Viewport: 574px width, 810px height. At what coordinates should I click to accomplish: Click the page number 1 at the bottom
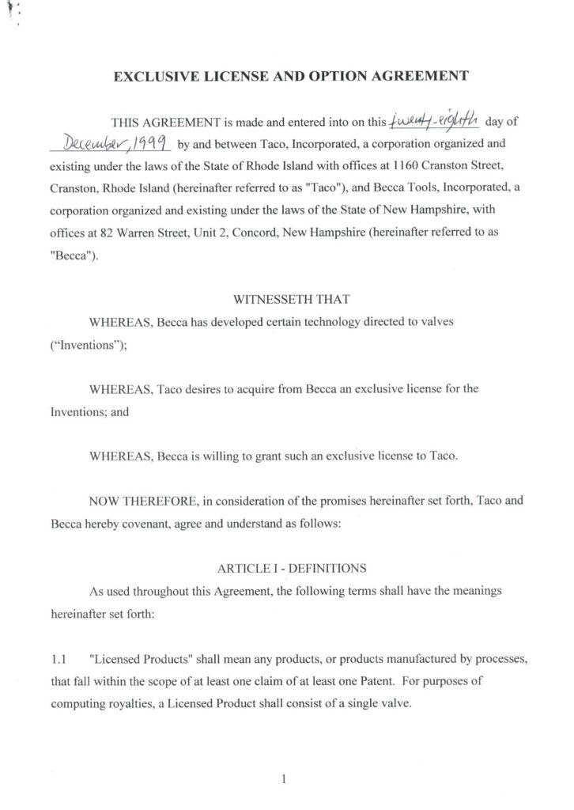click(x=283, y=757)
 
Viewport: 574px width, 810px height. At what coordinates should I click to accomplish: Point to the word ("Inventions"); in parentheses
click(x=72, y=345)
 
